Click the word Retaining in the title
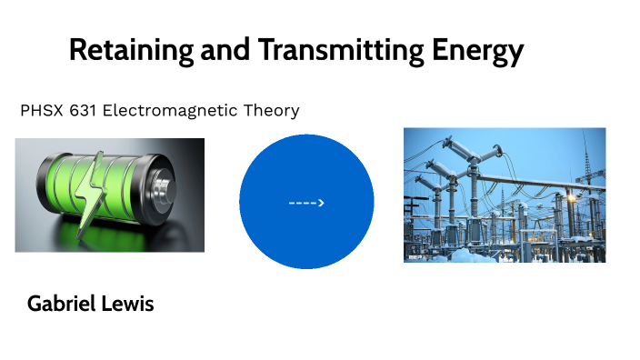pyautogui.click(x=131, y=51)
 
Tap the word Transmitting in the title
pyautogui.click(x=341, y=51)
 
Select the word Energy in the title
pyautogui.click(x=477, y=51)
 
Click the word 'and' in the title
pyautogui.click(x=225, y=50)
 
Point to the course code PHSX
pyautogui.click(x=42, y=111)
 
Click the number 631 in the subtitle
pyautogui.click(x=83, y=111)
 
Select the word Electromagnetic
pyautogui.click(x=170, y=111)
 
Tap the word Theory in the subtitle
pyautogui.click(x=272, y=111)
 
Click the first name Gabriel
pyautogui.click(x=60, y=304)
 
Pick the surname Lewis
pyautogui.click(x=127, y=304)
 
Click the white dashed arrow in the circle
pyautogui.click(x=306, y=203)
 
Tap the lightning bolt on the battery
pyautogui.click(x=93, y=194)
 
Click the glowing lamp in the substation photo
pyautogui.click(x=572, y=198)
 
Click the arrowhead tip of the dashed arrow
pyautogui.click(x=324, y=203)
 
